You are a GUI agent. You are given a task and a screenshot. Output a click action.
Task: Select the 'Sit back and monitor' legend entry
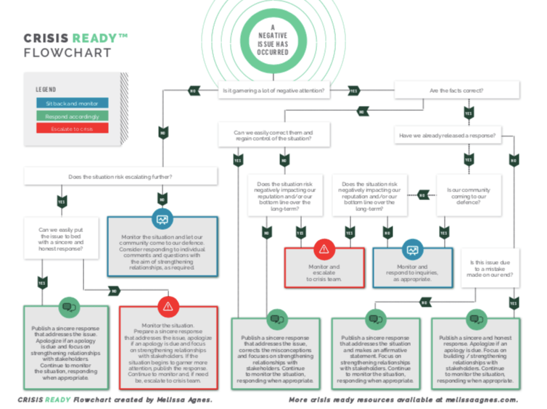[72, 104]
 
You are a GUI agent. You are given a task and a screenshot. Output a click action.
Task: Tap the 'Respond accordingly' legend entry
[72, 116]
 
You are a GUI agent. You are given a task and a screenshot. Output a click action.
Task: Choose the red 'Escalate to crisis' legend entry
[72, 128]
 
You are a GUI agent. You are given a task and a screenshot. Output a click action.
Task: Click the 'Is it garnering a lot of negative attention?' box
[273, 91]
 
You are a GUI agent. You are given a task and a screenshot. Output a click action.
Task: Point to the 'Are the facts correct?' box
[456, 91]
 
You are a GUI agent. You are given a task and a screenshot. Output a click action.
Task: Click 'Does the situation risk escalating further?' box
[120, 176]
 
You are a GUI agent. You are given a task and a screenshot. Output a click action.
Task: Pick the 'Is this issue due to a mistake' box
[490, 270]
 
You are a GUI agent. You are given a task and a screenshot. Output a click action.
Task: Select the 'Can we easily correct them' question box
[274, 136]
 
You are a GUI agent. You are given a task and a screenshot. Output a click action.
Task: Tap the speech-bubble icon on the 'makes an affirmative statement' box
[375, 318]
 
